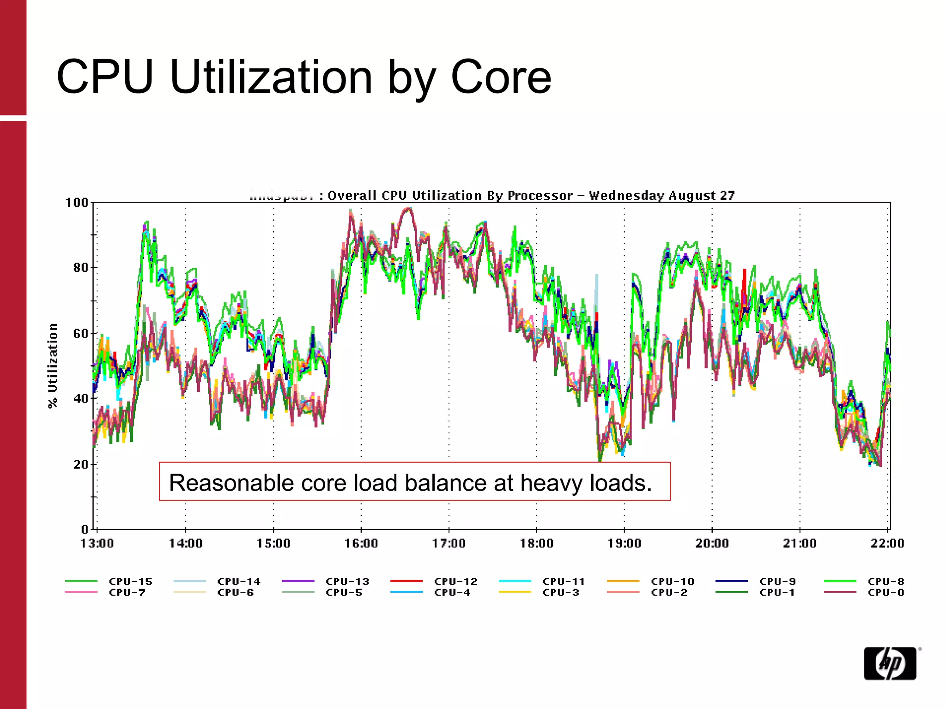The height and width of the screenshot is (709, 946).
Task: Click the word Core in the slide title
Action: click(501, 77)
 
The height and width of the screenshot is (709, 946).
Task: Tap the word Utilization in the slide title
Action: click(271, 77)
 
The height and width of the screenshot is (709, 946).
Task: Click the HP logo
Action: click(890, 663)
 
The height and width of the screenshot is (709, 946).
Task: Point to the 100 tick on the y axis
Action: click(76, 203)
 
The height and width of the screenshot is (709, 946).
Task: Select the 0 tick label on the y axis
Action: click(85, 529)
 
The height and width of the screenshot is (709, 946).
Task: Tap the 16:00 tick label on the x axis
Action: click(361, 544)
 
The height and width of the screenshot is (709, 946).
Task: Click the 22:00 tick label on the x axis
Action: click(887, 544)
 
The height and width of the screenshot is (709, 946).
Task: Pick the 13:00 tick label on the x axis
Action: click(97, 544)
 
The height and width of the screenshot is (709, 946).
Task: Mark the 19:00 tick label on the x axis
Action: click(624, 544)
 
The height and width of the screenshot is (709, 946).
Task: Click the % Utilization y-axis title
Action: click(53, 365)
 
